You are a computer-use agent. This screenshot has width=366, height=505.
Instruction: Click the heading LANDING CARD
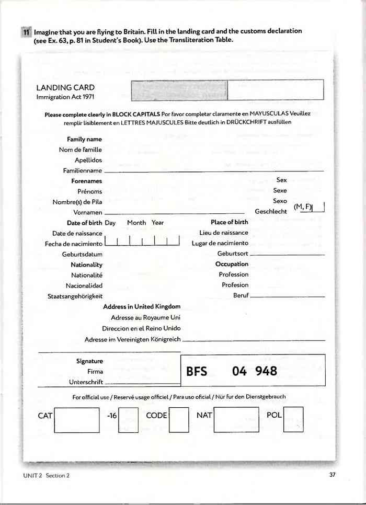(x=65, y=88)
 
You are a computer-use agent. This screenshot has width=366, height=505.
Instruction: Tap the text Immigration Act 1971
(x=65, y=97)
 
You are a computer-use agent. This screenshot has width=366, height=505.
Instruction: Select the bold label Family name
(x=84, y=140)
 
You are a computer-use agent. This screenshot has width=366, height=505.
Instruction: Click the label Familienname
(x=82, y=170)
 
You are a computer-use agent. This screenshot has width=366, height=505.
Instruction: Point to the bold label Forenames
(x=86, y=181)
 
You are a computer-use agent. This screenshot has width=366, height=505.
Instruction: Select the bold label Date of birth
(x=84, y=223)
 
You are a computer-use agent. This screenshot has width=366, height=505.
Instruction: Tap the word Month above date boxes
(x=136, y=223)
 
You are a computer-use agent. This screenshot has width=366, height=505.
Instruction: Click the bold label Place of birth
(x=230, y=223)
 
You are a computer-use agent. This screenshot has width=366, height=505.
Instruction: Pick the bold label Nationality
(x=86, y=265)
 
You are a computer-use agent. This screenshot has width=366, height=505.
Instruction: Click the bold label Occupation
(x=232, y=265)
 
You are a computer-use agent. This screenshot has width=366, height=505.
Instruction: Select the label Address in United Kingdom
(x=142, y=307)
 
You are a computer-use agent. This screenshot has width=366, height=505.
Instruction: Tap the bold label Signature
(x=89, y=361)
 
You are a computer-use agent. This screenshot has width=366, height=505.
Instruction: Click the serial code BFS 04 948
(x=232, y=372)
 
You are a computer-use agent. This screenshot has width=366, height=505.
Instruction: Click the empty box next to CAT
(x=77, y=420)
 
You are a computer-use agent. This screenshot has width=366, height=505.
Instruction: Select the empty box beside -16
(x=128, y=420)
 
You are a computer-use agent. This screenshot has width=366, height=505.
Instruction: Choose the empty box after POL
(x=293, y=420)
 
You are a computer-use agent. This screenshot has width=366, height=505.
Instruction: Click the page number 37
(x=333, y=475)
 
